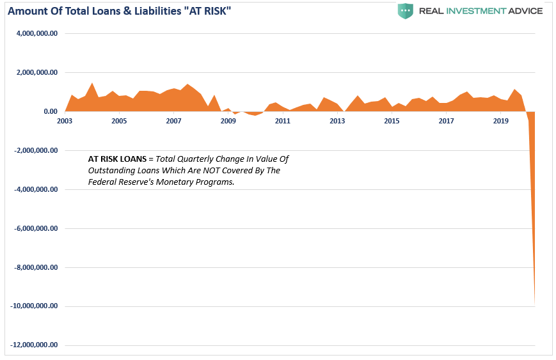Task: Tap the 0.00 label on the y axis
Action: (x=49, y=112)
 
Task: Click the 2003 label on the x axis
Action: (x=65, y=121)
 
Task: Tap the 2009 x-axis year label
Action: (x=228, y=121)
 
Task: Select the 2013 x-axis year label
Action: (x=337, y=121)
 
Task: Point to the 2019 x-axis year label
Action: (x=501, y=121)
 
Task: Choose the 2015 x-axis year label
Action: (x=392, y=121)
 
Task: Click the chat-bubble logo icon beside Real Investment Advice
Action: (x=405, y=11)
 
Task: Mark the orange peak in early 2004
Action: (x=92, y=83)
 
